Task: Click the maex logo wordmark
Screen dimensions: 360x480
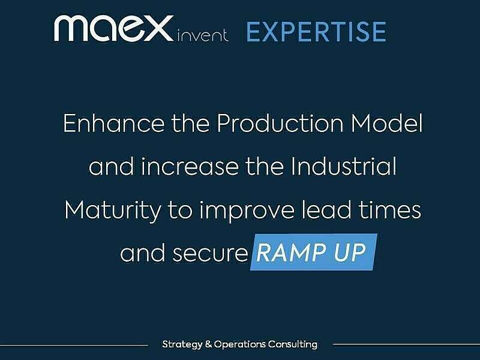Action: coord(114,29)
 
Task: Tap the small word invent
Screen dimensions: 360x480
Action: coord(203,35)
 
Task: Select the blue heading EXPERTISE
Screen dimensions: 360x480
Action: coord(316,32)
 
